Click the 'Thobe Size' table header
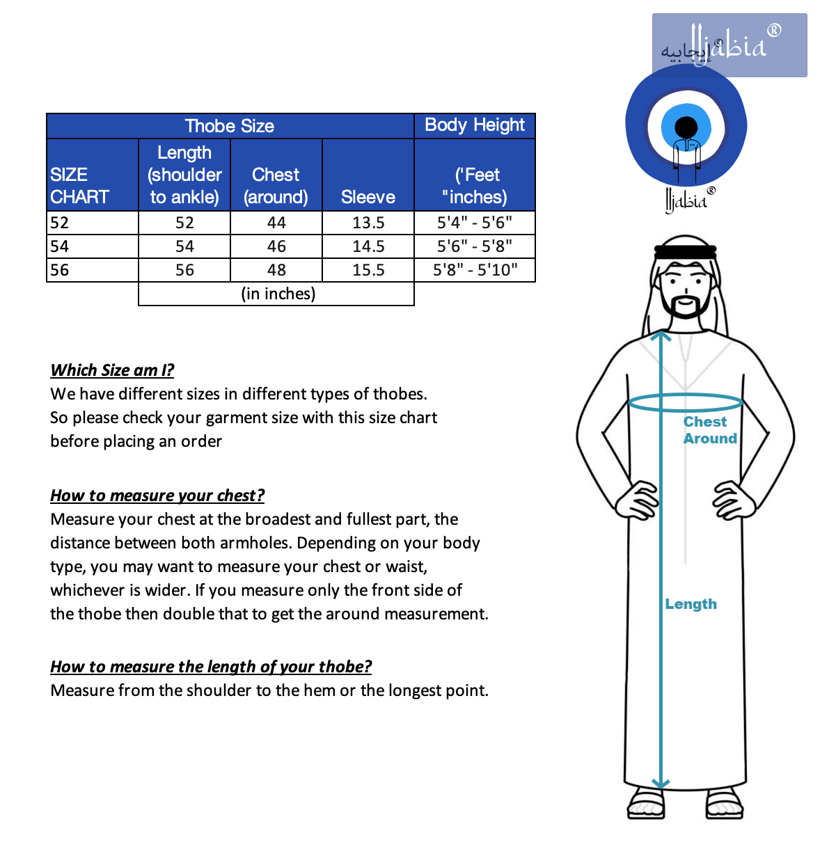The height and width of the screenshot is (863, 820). (230, 126)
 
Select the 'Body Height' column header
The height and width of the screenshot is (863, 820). (475, 125)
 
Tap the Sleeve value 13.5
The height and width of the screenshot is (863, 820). (368, 223)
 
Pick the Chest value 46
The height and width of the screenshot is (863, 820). (276, 246)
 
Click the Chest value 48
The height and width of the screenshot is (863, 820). (276, 270)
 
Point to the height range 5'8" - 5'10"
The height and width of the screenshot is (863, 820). (475, 270)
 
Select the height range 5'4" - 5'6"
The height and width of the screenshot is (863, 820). (475, 223)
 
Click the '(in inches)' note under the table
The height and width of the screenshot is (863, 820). (278, 294)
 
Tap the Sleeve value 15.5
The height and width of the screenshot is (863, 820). (368, 270)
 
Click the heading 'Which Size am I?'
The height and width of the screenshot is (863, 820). (112, 370)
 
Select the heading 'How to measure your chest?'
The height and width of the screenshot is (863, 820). (157, 496)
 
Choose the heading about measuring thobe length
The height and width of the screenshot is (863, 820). (211, 667)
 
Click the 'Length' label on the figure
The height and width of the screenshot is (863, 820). (691, 604)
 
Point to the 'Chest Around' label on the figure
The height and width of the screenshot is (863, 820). (709, 430)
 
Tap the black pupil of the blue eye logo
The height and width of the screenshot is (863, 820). (686, 127)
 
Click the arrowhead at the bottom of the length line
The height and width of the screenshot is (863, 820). (661, 784)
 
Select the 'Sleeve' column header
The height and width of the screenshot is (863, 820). (368, 197)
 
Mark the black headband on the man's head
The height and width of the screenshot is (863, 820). (686, 250)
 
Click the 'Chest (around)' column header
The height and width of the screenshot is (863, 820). (276, 185)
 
